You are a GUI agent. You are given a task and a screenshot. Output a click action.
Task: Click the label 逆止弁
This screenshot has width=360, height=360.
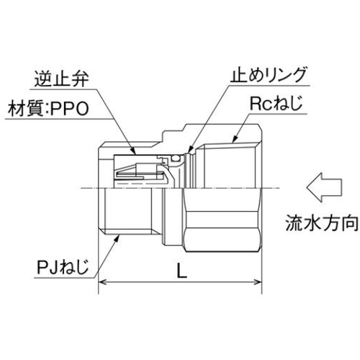click(62, 78)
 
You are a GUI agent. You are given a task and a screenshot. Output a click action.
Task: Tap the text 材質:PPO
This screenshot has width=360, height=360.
click(48, 109)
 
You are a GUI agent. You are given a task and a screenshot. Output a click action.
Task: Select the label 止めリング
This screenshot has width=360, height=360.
click(268, 75)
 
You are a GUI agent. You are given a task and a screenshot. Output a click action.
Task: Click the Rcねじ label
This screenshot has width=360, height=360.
click(276, 104)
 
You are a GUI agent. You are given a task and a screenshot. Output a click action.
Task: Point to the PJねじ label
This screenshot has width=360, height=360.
click(63, 267)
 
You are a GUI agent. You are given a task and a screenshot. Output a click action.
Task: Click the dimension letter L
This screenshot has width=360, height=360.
click(181, 270)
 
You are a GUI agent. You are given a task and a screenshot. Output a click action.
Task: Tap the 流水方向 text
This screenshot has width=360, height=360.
click(322, 223)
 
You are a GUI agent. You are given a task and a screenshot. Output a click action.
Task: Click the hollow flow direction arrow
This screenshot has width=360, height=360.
click(324, 187)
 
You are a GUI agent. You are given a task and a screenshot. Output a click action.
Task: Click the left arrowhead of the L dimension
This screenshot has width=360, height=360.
click(102, 282)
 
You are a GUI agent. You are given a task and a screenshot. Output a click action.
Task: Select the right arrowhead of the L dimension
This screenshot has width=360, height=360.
click(258, 282)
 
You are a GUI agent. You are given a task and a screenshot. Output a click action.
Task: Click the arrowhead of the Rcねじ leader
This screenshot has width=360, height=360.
click(235, 140)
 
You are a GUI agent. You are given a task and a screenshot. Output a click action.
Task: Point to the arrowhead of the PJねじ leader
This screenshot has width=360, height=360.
click(117, 238)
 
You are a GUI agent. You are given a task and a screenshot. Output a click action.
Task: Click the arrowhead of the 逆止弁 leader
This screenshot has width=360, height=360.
click(133, 150)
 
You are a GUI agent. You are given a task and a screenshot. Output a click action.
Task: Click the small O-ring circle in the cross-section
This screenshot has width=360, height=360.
click(176, 158)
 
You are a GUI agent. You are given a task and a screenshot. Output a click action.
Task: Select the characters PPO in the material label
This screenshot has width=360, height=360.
click(70, 109)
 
